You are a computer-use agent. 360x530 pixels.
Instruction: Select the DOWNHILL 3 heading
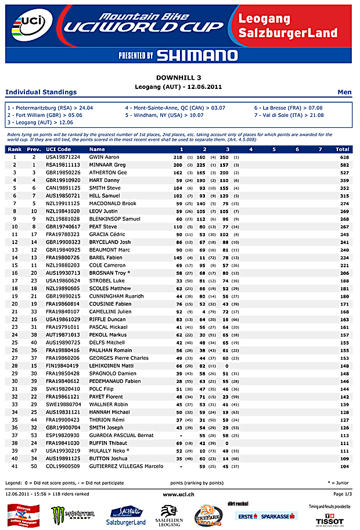179,77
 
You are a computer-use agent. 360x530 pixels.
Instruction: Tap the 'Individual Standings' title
41,92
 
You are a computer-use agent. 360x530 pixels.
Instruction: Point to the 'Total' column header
342,149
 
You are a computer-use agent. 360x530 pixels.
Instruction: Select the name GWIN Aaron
104,157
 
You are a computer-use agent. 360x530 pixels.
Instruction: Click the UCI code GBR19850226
63,173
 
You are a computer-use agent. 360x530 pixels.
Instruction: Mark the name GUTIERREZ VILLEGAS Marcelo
126,466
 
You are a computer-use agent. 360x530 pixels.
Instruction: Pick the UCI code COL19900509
63,466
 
